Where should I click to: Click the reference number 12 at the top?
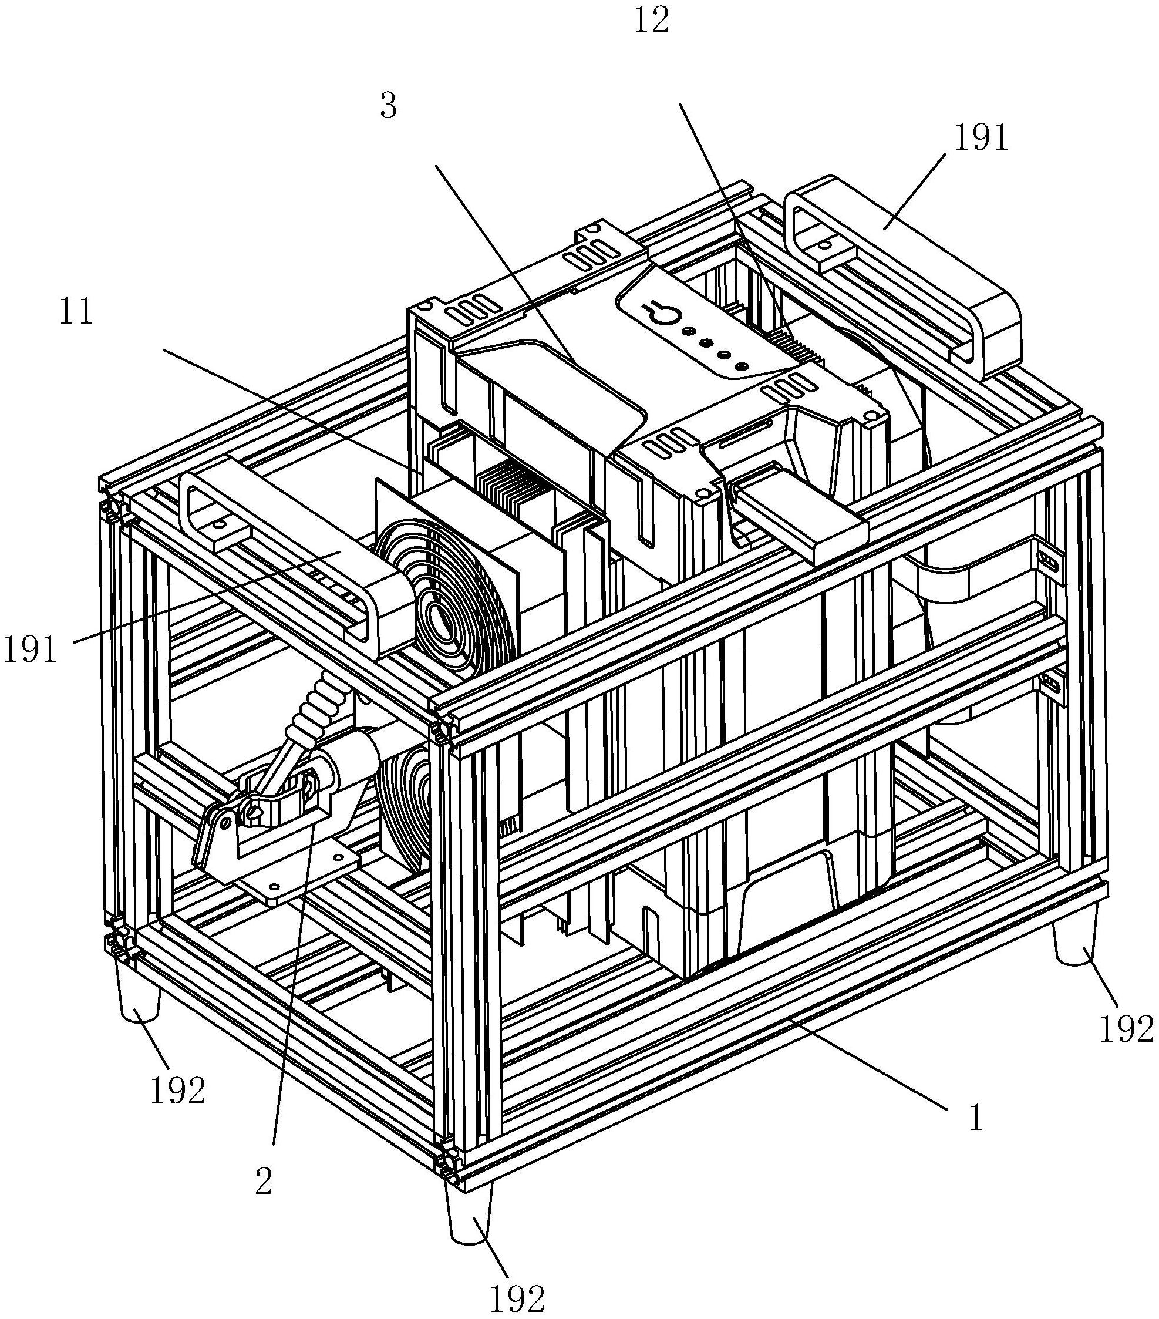click(651, 21)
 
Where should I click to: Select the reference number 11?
click(77, 311)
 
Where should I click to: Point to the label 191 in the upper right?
click(981, 138)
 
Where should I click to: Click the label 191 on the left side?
click(31, 648)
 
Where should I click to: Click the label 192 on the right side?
click(1126, 1029)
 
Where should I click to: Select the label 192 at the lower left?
click(177, 1091)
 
